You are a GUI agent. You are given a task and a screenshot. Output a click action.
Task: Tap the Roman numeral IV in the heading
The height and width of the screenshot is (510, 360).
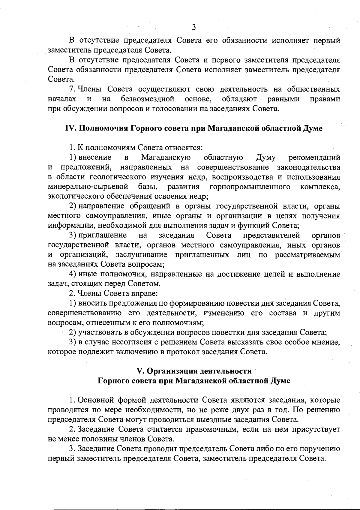(x=70, y=128)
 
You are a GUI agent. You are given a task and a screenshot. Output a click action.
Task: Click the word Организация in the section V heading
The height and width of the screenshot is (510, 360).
(x=174, y=371)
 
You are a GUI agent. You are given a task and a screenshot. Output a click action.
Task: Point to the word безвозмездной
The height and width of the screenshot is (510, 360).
(x=148, y=99)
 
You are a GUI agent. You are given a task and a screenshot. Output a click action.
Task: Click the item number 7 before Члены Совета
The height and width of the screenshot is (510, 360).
(x=71, y=89)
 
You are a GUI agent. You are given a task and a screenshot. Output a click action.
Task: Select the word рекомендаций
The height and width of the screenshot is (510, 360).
(x=314, y=157)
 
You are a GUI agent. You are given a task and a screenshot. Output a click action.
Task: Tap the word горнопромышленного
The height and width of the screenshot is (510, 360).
(x=250, y=187)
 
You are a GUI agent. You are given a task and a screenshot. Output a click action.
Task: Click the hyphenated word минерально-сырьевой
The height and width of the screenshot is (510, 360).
(x=88, y=187)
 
